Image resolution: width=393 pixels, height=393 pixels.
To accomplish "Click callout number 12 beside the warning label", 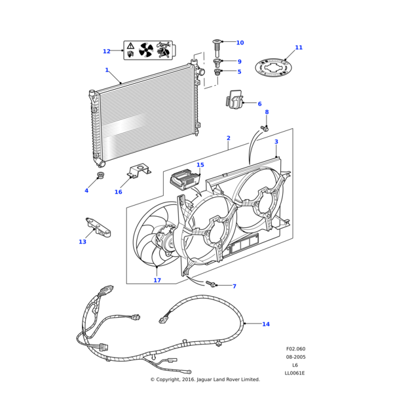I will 106,51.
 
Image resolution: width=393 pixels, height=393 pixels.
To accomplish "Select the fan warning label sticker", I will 148,50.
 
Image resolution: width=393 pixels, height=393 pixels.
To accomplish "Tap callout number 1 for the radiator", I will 107,70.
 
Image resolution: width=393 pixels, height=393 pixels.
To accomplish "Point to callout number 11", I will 299,47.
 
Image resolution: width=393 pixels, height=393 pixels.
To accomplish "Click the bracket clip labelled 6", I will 234,100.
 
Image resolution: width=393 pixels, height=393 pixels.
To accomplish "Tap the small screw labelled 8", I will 265,128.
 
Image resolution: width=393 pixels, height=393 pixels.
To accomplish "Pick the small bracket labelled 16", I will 136,172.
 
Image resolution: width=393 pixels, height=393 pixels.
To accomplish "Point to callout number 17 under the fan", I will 157,280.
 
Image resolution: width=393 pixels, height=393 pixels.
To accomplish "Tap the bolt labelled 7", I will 212,284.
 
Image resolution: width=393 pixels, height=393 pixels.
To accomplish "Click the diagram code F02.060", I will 295,349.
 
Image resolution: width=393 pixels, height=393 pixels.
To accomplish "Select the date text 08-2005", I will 295,357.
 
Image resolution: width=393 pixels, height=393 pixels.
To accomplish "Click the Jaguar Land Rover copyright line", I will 205,379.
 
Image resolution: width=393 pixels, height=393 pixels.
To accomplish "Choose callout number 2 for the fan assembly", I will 228,138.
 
